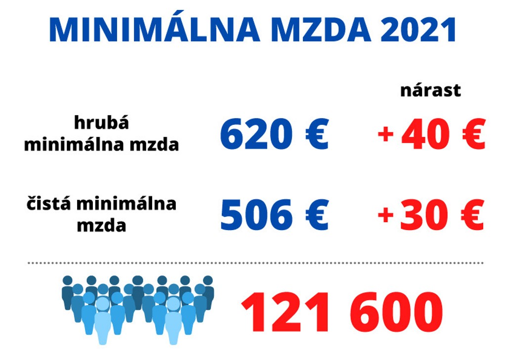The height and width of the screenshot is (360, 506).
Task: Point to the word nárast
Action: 430,91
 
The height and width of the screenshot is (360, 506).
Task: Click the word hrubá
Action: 101,122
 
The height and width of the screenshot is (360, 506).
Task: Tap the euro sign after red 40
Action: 473,134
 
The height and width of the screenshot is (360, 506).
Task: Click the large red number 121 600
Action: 341,313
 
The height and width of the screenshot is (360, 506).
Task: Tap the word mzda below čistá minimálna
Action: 101,226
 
